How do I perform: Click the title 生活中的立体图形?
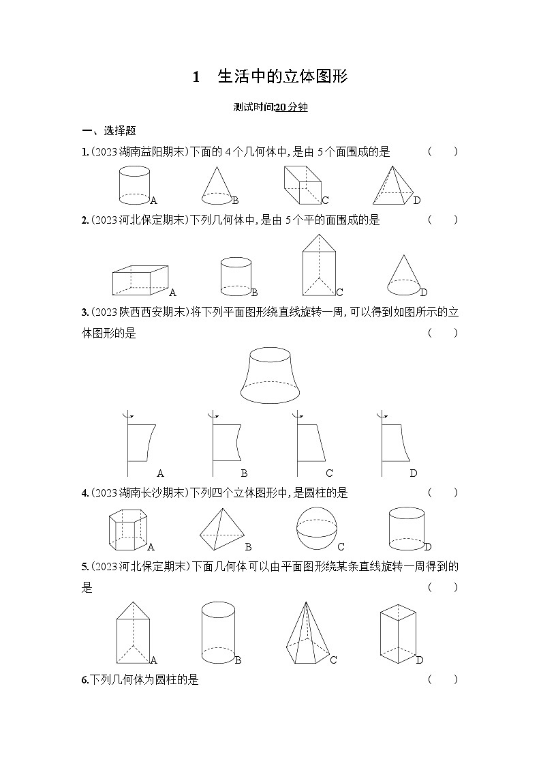pyautogui.click(x=283, y=76)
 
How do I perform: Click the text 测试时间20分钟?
pyautogui.click(x=270, y=107)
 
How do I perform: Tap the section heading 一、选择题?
pyautogui.click(x=108, y=131)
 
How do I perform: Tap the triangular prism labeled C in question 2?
pyautogui.click(x=319, y=265)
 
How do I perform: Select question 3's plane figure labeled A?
pyautogui.click(x=141, y=443)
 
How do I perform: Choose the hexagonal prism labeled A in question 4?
pyautogui.click(x=128, y=531)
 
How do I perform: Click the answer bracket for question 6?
pyautogui.click(x=443, y=679)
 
